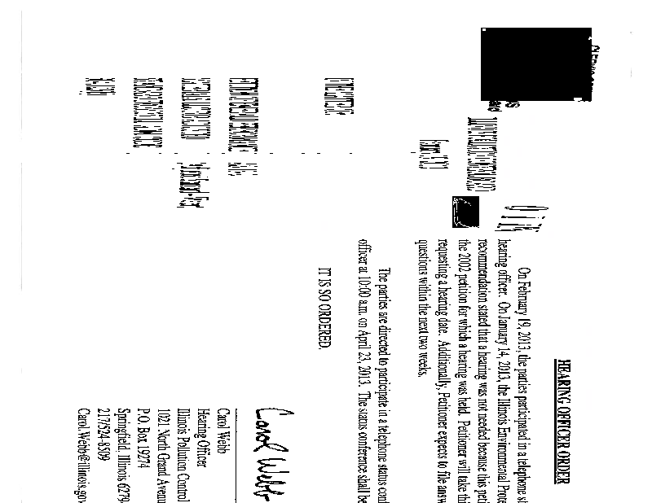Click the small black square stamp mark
[465, 212]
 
